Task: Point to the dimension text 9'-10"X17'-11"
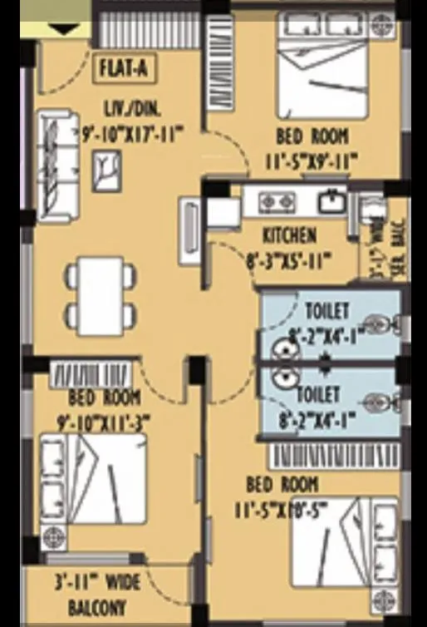point(134,131)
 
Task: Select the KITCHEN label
point(288,235)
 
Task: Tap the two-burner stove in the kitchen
point(277,200)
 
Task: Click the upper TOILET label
point(327,312)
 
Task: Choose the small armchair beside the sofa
point(106,170)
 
